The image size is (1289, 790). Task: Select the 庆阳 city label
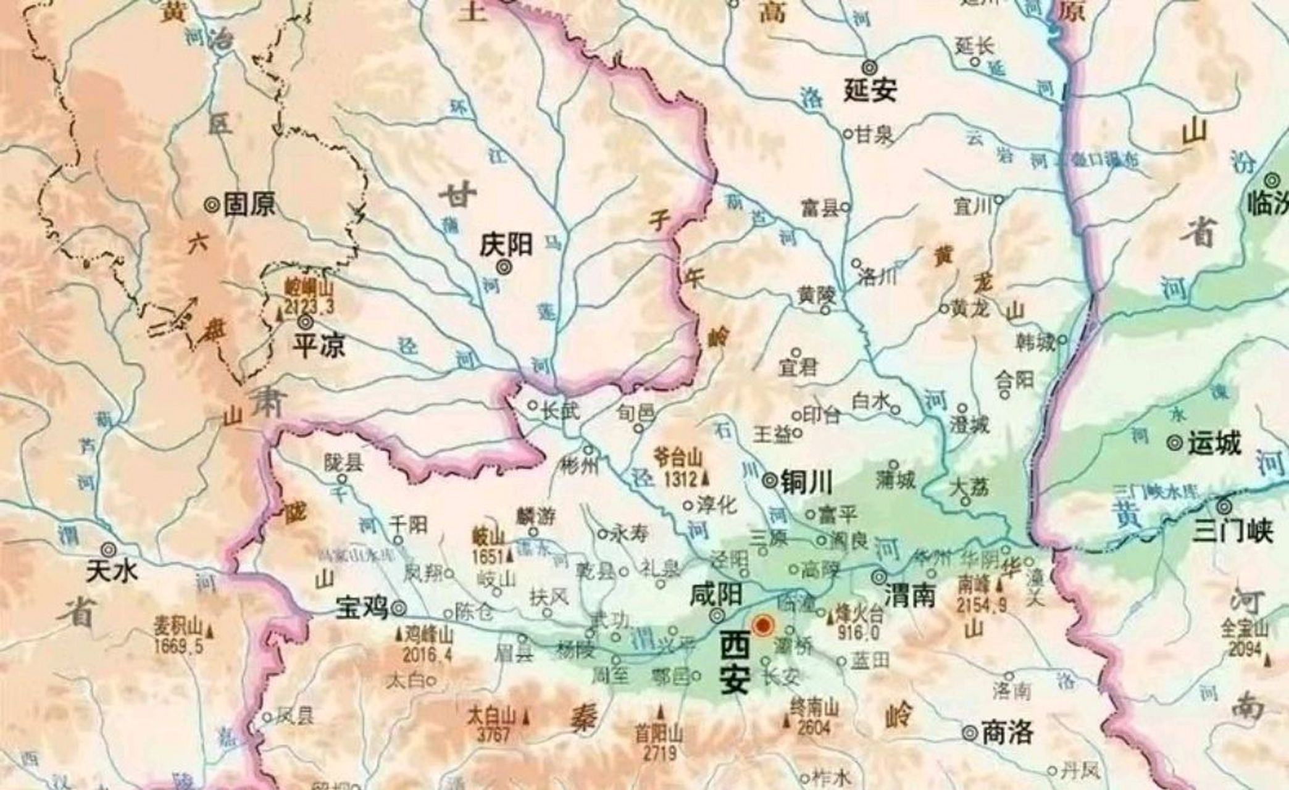pyautogui.click(x=506, y=245)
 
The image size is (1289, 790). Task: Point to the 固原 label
pyautogui.click(x=249, y=204)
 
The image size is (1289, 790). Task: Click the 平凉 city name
pyautogui.click(x=319, y=346)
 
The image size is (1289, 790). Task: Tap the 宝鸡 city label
pyautogui.click(x=362, y=608)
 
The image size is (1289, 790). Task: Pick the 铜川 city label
pyautogui.click(x=806, y=481)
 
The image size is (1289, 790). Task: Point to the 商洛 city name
pyautogui.click(x=1007, y=733)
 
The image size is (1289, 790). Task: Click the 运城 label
pyautogui.click(x=1214, y=444)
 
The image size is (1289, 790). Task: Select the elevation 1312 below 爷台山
pyautogui.click(x=680, y=478)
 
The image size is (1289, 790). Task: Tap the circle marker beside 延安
pyautogui.click(x=870, y=67)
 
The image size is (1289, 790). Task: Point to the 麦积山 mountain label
pyautogui.click(x=178, y=628)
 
